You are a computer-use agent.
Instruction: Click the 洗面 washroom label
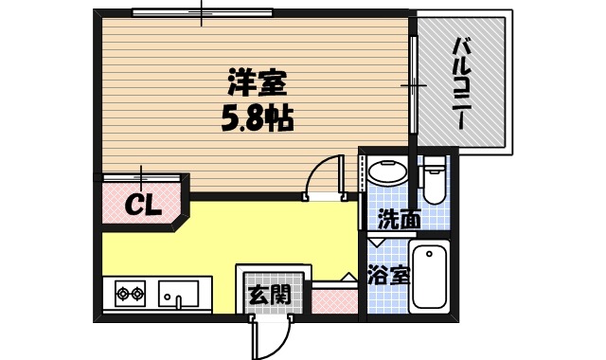point(399,221)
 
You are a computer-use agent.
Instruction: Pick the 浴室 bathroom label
point(388,277)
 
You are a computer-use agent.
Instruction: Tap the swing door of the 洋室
point(326,176)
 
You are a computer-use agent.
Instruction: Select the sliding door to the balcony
point(413,85)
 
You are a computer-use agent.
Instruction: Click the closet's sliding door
point(142,177)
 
